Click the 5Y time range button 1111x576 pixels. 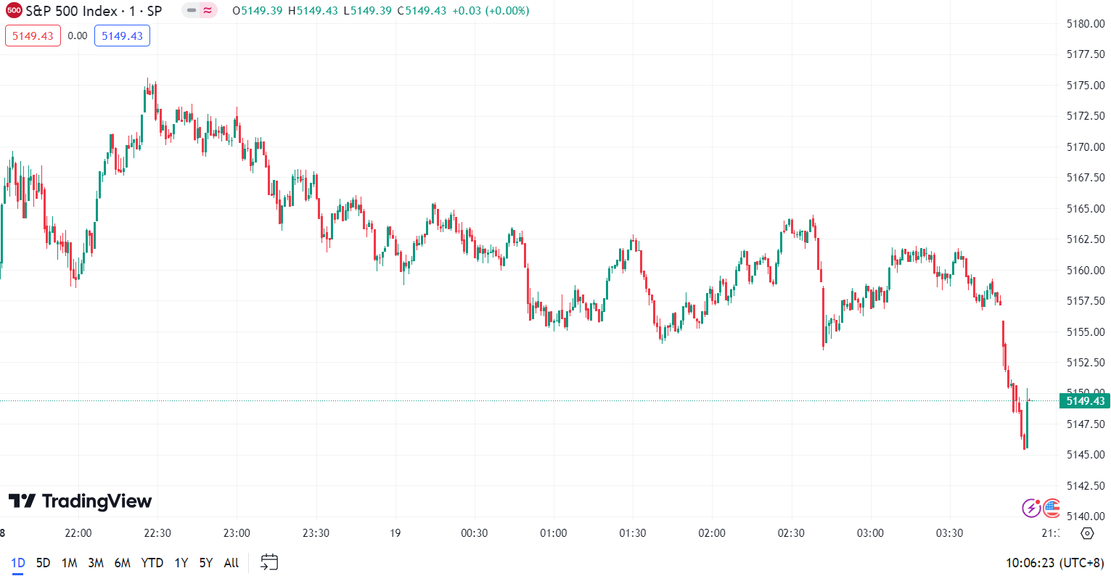pos(206,563)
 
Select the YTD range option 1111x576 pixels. pos(152,563)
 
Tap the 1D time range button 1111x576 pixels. pos(18,563)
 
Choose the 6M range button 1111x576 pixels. pos(123,563)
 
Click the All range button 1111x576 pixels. pos(231,563)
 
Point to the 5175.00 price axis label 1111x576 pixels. pos(1086,86)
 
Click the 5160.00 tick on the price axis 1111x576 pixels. pos(1086,271)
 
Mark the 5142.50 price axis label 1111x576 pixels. pos(1086,486)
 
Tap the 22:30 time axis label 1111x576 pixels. pos(157,533)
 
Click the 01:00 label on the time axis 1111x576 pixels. pos(554,533)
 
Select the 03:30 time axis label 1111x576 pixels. pos(949,533)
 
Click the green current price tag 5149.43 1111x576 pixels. pos(1085,401)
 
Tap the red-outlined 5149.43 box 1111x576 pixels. pos(33,36)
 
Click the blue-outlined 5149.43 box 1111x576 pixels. pos(122,36)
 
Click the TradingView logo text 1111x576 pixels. pos(80,501)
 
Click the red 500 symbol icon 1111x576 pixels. pos(14,11)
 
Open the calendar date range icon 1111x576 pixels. pos(269,562)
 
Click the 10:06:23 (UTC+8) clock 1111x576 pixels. pos(1054,563)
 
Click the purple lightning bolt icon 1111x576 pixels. pos(1031,508)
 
